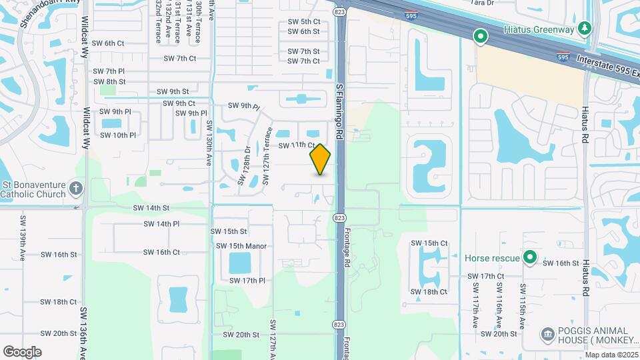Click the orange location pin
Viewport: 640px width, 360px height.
click(321, 159)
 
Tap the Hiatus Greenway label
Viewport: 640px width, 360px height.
click(538, 29)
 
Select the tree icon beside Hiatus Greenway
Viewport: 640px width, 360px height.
click(585, 29)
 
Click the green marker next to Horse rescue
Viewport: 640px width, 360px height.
click(530, 257)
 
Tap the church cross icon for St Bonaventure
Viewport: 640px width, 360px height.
click(76, 188)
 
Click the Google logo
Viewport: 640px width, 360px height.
click(22, 352)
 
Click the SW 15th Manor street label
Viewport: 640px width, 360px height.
click(241, 246)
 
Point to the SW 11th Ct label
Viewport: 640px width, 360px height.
click(297, 145)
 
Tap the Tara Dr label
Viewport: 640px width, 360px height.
click(482, 3)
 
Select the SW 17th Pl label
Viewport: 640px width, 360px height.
click(247, 281)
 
